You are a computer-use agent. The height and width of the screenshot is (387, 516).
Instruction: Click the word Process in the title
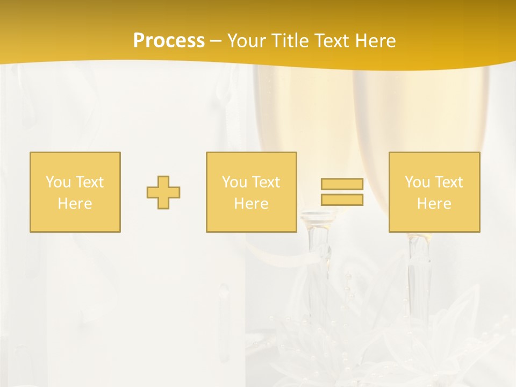169,41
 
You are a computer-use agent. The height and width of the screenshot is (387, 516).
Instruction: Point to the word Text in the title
333,41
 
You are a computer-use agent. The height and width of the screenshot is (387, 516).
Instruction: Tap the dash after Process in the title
216,41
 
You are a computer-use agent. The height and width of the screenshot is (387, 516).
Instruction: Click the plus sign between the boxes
163,192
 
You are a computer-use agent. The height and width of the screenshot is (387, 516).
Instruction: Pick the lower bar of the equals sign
342,199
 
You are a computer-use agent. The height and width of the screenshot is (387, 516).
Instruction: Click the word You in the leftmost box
58,182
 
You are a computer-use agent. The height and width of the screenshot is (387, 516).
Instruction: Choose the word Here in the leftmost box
75,204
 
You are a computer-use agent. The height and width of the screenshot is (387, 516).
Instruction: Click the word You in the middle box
234,182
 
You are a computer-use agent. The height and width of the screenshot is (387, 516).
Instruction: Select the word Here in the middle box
251,204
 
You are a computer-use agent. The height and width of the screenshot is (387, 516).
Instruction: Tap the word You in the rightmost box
417,182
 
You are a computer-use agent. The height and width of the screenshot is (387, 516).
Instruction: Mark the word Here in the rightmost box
434,204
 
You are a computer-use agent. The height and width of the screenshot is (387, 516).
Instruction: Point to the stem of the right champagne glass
419,274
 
